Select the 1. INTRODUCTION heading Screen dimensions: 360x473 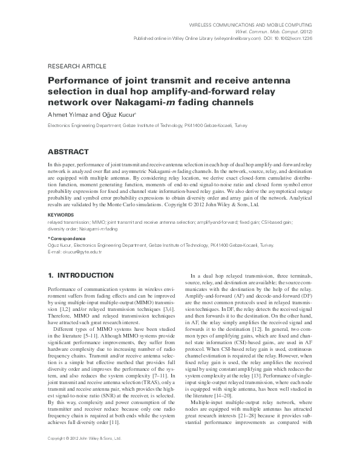tap(79, 275)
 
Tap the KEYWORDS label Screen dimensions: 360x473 tap(61, 214)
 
